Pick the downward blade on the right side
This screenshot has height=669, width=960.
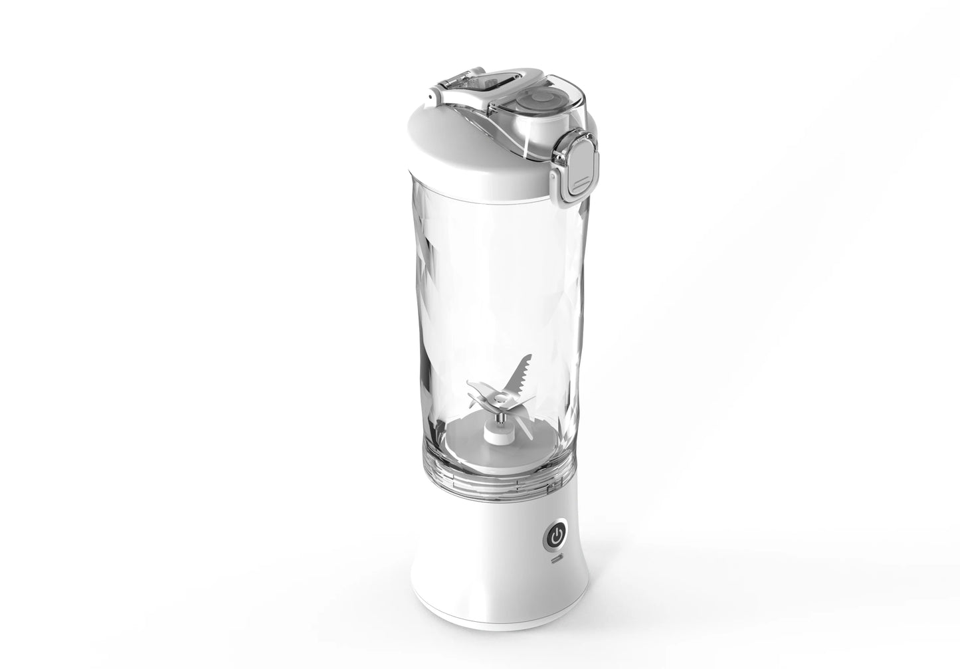525,425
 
